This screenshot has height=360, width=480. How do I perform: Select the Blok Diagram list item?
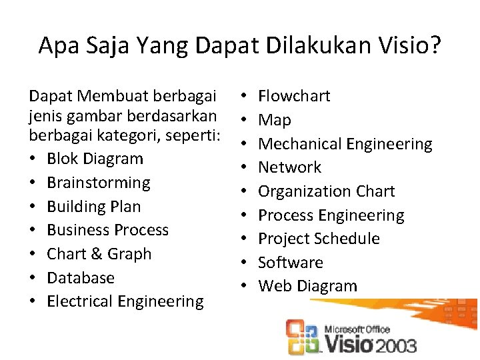(x=95, y=159)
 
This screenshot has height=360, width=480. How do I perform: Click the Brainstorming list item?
(x=99, y=183)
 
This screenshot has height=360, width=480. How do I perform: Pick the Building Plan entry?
(x=94, y=207)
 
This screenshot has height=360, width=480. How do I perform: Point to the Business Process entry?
(x=108, y=230)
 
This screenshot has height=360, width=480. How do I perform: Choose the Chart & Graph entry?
(x=99, y=254)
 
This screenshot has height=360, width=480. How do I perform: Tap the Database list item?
(x=81, y=278)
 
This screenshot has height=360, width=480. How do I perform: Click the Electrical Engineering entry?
(x=125, y=301)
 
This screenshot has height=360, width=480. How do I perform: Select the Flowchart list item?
(x=294, y=96)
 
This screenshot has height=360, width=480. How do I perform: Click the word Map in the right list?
(x=275, y=120)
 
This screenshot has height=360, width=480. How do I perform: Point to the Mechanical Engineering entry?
(x=345, y=144)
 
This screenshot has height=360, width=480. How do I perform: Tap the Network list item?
(x=289, y=167)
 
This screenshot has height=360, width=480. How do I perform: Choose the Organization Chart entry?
(x=326, y=191)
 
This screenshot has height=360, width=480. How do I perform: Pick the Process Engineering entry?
(x=331, y=215)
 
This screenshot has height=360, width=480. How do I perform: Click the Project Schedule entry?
(x=319, y=239)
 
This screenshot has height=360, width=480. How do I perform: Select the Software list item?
(x=290, y=263)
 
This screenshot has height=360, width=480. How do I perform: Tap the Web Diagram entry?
(x=307, y=287)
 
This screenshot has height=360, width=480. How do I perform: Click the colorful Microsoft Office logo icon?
(x=301, y=337)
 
